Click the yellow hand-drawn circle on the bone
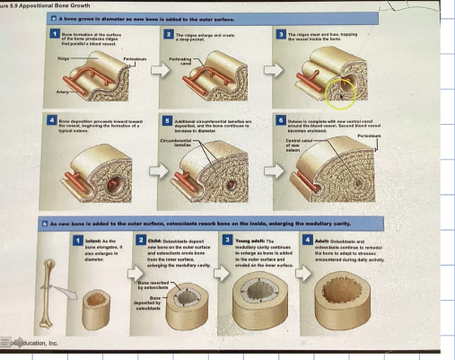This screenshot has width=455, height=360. pyautogui.click(x=340, y=90)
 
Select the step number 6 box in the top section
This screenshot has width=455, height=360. pyautogui.click(x=281, y=119)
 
